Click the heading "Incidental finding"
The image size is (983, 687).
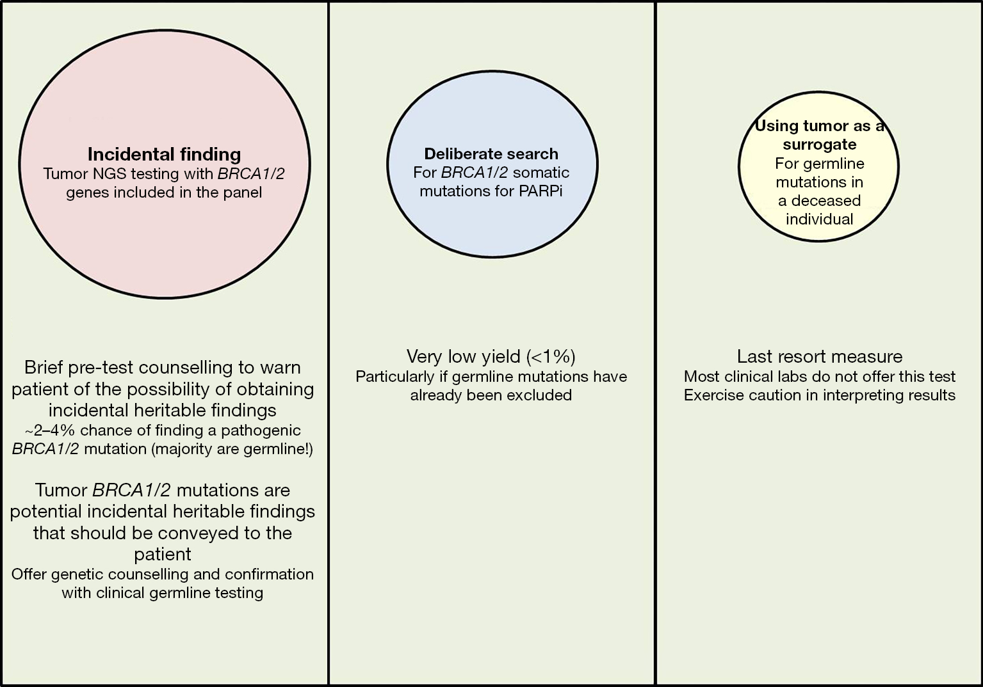tap(164, 154)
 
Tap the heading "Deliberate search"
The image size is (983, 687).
tap(491, 154)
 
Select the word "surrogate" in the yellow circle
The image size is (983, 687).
tap(819, 145)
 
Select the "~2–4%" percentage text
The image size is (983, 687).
tap(49, 430)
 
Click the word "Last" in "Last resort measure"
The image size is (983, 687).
tap(752, 356)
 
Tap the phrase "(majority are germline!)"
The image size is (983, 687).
tap(232, 450)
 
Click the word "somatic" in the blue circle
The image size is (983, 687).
tap(541, 172)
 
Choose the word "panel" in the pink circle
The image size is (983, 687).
tap(243, 193)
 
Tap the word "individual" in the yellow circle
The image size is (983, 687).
tap(819, 219)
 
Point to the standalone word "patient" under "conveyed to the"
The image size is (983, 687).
tap(163, 555)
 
